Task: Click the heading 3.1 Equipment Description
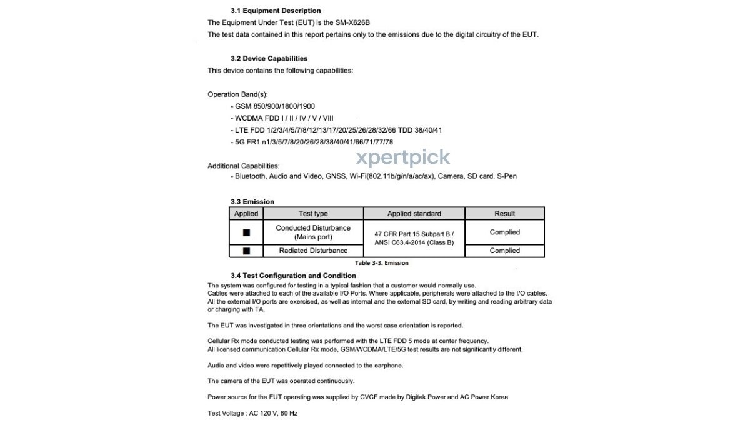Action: click(x=276, y=11)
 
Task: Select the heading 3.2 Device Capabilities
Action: click(x=269, y=58)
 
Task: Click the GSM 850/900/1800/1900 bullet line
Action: click(x=272, y=106)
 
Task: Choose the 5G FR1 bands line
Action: click(x=312, y=142)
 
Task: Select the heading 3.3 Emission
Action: click(x=252, y=202)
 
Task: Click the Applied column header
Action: click(x=246, y=214)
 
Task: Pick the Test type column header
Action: click(x=313, y=214)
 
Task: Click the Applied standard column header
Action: click(x=414, y=214)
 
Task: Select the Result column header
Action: click(x=504, y=214)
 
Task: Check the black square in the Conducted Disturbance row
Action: click(x=246, y=232)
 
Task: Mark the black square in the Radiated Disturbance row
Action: click(x=246, y=251)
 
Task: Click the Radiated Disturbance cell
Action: click(x=313, y=251)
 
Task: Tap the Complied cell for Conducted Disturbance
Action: click(x=504, y=232)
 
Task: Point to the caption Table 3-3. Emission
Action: click(x=382, y=263)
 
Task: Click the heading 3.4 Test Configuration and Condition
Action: click(x=293, y=276)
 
